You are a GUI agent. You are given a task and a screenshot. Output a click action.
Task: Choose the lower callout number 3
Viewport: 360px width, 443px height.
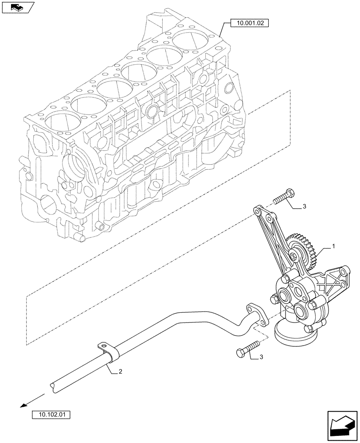(x=261, y=357)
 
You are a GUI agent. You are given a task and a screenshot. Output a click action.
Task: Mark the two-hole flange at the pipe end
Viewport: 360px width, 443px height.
(x=256, y=314)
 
